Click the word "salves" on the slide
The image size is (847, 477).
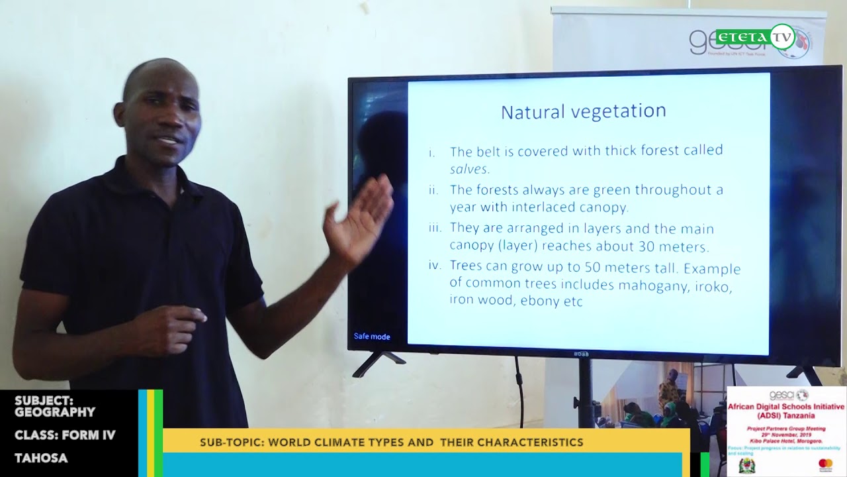469,169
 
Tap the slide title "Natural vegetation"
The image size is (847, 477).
583,111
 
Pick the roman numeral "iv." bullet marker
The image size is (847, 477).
435,266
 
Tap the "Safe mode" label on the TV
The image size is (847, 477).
372,337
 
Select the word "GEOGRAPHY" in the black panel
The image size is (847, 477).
55,412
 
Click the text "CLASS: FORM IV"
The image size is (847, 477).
65,435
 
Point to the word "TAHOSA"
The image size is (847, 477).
41,458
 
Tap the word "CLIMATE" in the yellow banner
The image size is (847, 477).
335,443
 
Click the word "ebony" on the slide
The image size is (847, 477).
542,301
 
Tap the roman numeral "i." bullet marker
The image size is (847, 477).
432,153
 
